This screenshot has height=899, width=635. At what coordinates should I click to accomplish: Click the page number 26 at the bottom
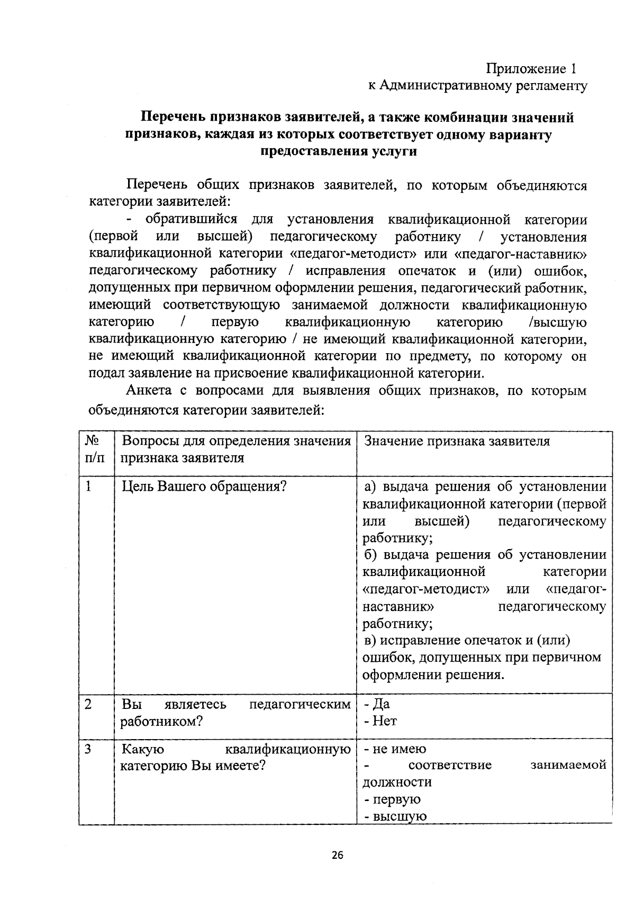(x=338, y=855)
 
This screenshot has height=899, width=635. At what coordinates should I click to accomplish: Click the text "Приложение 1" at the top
(x=530, y=69)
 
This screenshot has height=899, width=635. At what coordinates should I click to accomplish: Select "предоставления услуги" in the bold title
(x=338, y=151)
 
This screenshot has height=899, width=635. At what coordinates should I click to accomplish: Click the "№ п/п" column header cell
(x=94, y=449)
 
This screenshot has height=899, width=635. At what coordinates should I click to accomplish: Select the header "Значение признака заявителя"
(x=457, y=442)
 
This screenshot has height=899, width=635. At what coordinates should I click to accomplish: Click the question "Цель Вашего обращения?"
(x=204, y=486)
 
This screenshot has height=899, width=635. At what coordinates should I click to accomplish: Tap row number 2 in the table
(x=88, y=704)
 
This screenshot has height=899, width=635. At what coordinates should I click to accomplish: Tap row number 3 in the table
(x=88, y=749)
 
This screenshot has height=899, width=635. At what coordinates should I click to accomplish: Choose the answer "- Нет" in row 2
(x=379, y=721)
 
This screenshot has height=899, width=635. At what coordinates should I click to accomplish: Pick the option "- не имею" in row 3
(x=394, y=749)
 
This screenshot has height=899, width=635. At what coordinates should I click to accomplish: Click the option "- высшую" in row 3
(x=394, y=816)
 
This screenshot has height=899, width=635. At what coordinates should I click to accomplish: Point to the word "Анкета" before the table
(x=149, y=391)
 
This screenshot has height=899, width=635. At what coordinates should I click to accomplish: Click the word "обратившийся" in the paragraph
(x=191, y=220)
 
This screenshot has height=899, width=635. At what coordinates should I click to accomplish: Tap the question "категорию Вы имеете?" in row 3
(x=193, y=766)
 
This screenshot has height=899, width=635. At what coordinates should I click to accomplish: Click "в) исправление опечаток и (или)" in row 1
(x=467, y=641)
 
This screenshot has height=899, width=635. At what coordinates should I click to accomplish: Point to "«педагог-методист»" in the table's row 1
(x=426, y=589)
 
